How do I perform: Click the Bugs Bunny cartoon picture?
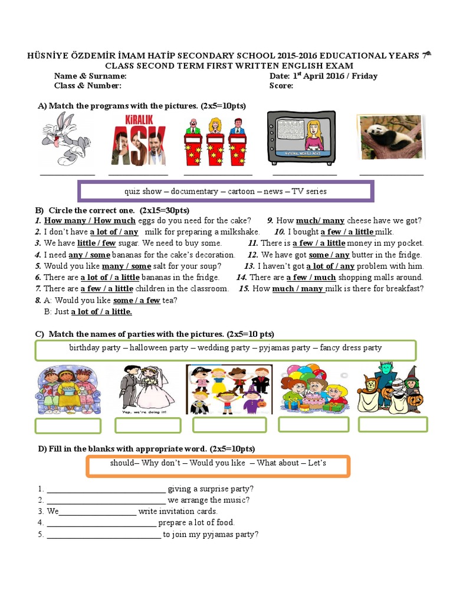click(x=67, y=141)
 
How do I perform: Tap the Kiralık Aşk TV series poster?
click(x=139, y=139)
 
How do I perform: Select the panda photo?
click(x=390, y=137)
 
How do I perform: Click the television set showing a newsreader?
click(x=301, y=137)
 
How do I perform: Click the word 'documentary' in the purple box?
click(x=192, y=191)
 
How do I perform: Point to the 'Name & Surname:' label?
click(x=90, y=76)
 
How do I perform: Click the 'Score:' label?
click(x=281, y=86)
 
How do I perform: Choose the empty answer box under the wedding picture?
click(x=148, y=425)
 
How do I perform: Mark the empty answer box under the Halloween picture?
click(x=393, y=424)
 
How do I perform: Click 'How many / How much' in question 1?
click(x=90, y=220)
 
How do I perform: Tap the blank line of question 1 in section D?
click(x=106, y=489)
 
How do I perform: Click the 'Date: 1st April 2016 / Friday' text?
click(x=323, y=76)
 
